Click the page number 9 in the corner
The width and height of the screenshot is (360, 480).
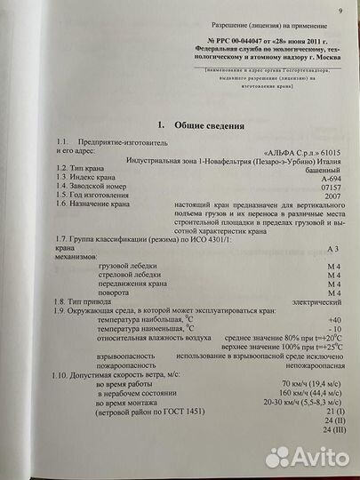click(x=340, y=11)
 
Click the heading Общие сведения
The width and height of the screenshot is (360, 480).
click(x=192, y=126)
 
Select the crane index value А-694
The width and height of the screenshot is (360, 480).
click(x=328, y=178)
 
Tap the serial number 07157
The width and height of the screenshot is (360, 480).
click(x=330, y=188)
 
